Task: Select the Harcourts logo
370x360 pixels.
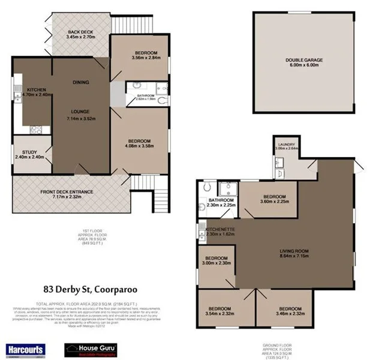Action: pyautogui.click(x=23, y=349)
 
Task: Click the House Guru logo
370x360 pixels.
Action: pyautogui.click(x=89, y=349)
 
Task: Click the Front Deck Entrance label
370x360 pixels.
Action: pyautogui.click(x=70, y=193)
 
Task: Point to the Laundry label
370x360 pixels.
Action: pyautogui.click(x=287, y=145)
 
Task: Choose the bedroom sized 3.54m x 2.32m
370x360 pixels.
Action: pyautogui.click(x=220, y=310)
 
